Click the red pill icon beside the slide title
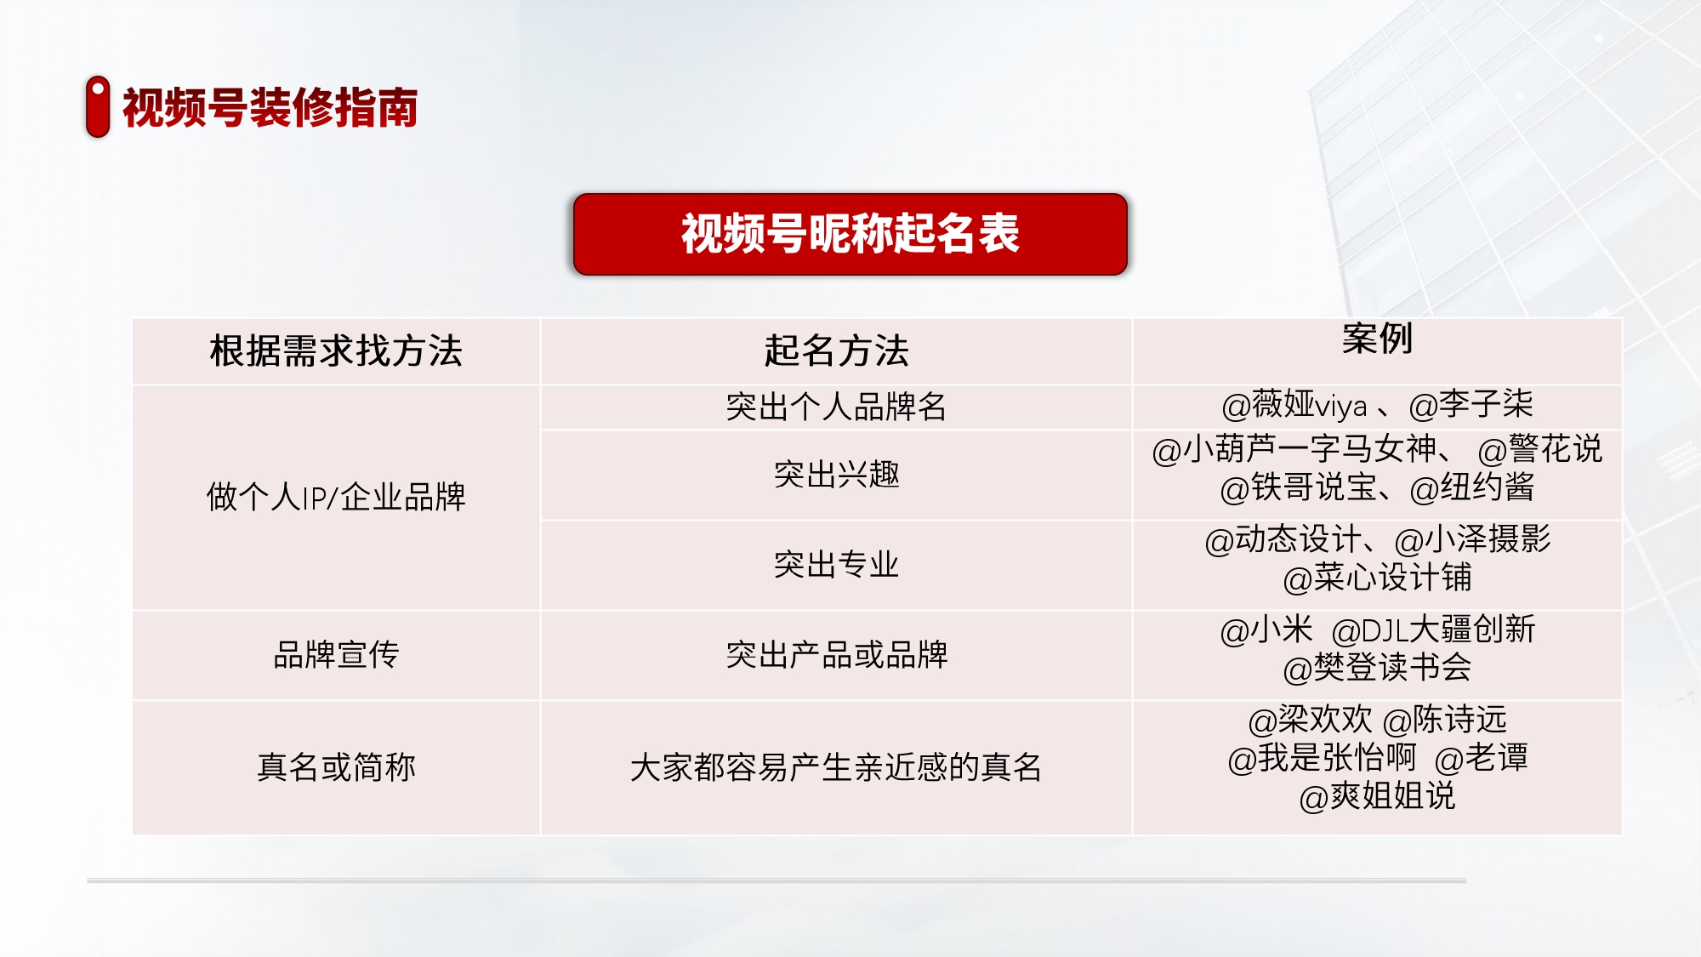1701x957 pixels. tap(98, 106)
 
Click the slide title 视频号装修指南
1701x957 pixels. tap(270, 108)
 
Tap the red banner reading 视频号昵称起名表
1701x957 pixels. tap(850, 234)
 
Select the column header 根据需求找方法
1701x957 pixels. tap(336, 350)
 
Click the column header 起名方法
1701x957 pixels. tap(837, 350)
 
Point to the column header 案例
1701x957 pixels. tap(1378, 339)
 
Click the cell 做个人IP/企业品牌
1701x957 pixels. tap(336, 497)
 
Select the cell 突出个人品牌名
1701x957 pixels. tap(837, 407)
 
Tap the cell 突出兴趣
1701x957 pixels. tap(837, 475)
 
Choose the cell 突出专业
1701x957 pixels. tap(837, 565)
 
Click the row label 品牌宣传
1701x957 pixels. tap(336, 655)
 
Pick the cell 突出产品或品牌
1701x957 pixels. tap(837, 655)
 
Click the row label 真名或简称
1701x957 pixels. tap(336, 767)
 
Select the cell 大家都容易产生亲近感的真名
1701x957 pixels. tap(837, 767)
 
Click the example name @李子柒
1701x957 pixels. tap(1471, 405)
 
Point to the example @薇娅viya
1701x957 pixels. tap(1294, 405)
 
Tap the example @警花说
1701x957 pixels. tap(1540, 449)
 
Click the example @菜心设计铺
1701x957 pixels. tap(1378, 578)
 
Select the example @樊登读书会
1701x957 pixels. tap(1378, 668)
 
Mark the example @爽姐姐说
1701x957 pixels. tap(1378, 797)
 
